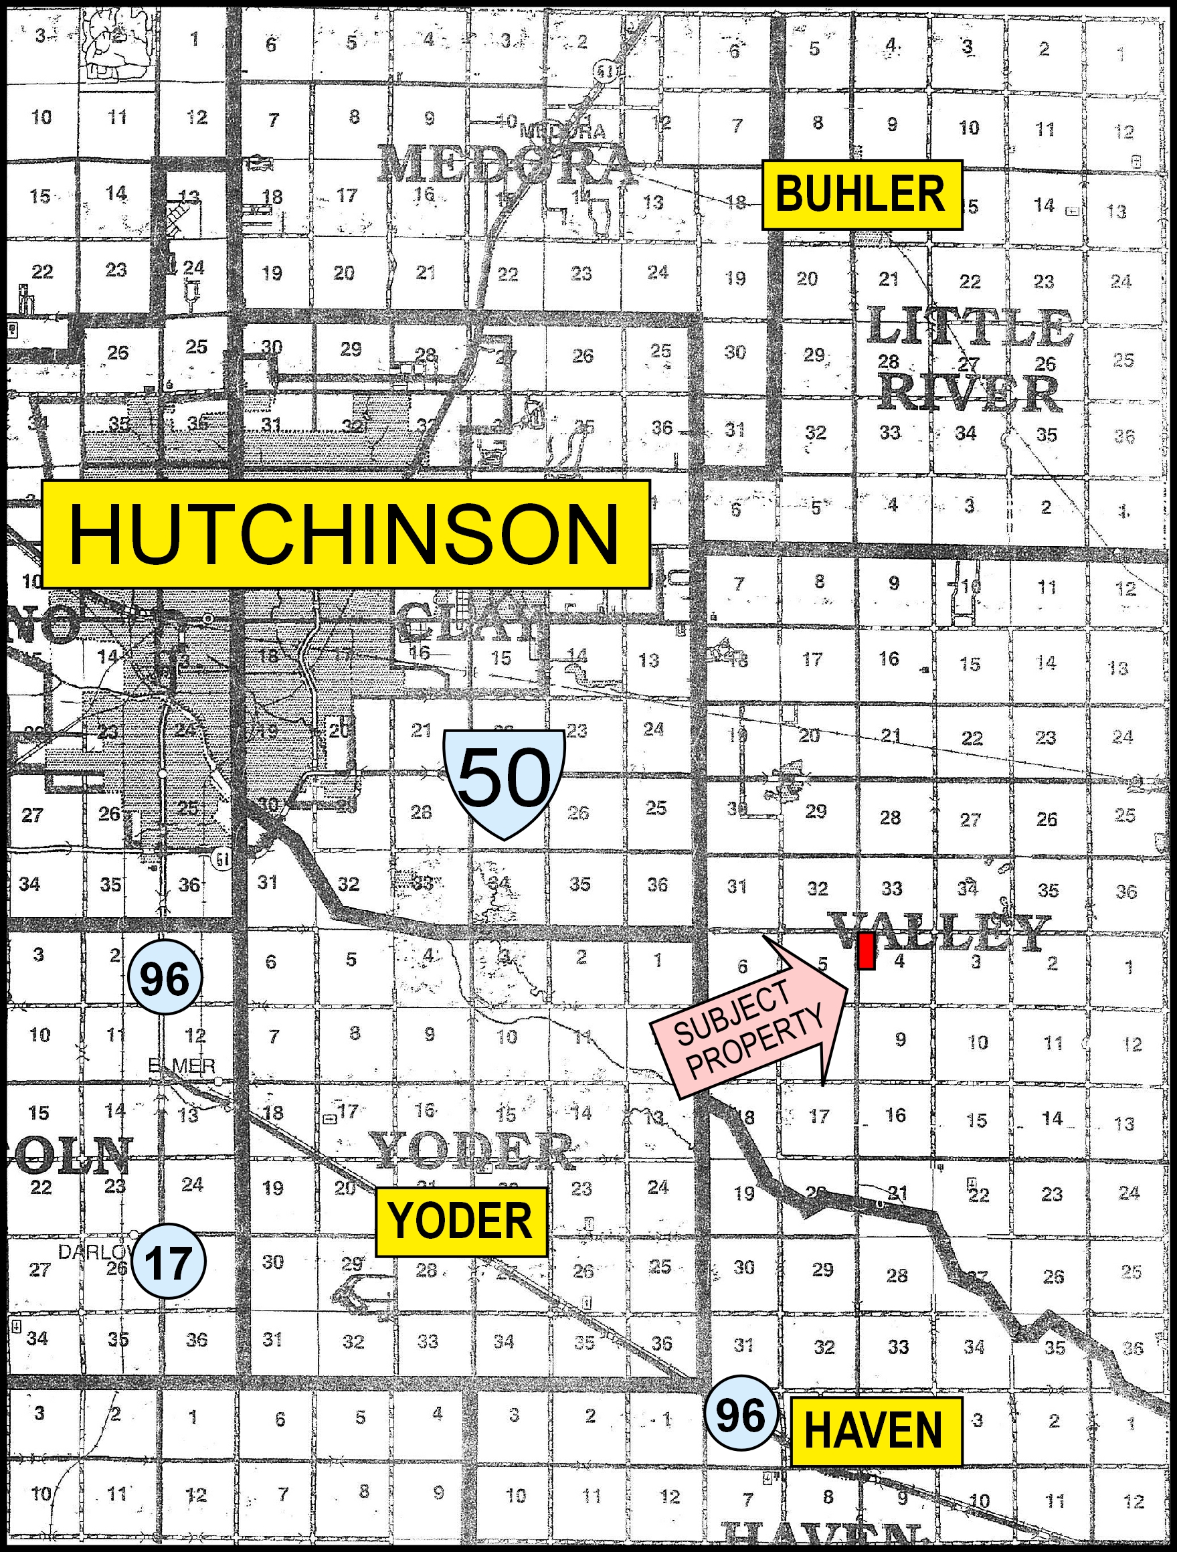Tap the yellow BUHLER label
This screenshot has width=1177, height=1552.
tap(861, 194)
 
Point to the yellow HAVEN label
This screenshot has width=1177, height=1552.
tap(875, 1430)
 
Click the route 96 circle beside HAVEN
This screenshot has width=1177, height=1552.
tap(741, 1415)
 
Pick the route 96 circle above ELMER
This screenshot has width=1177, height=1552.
tap(165, 978)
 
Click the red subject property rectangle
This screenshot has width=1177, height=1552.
tap(867, 952)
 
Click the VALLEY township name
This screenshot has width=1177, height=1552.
tap(940, 932)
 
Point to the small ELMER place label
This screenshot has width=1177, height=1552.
tap(182, 1067)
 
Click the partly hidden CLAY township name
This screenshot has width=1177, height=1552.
tap(466, 621)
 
